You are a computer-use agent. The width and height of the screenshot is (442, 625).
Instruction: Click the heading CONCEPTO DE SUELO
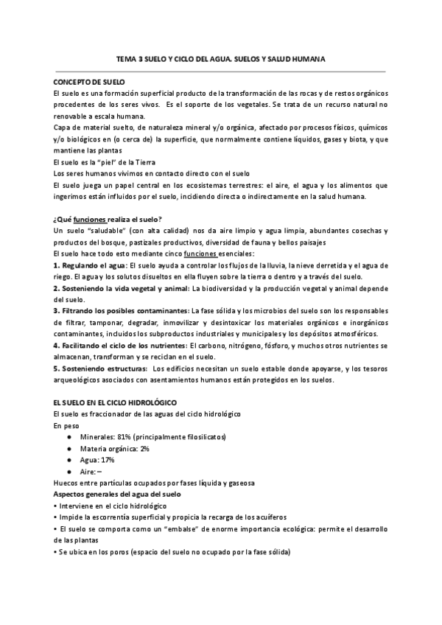(x=90, y=81)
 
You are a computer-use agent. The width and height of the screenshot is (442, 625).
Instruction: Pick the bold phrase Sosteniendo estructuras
(x=102, y=369)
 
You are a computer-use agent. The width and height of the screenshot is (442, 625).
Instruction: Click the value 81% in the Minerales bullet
(x=136, y=437)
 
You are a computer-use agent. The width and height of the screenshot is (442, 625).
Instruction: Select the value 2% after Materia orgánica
(x=144, y=448)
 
